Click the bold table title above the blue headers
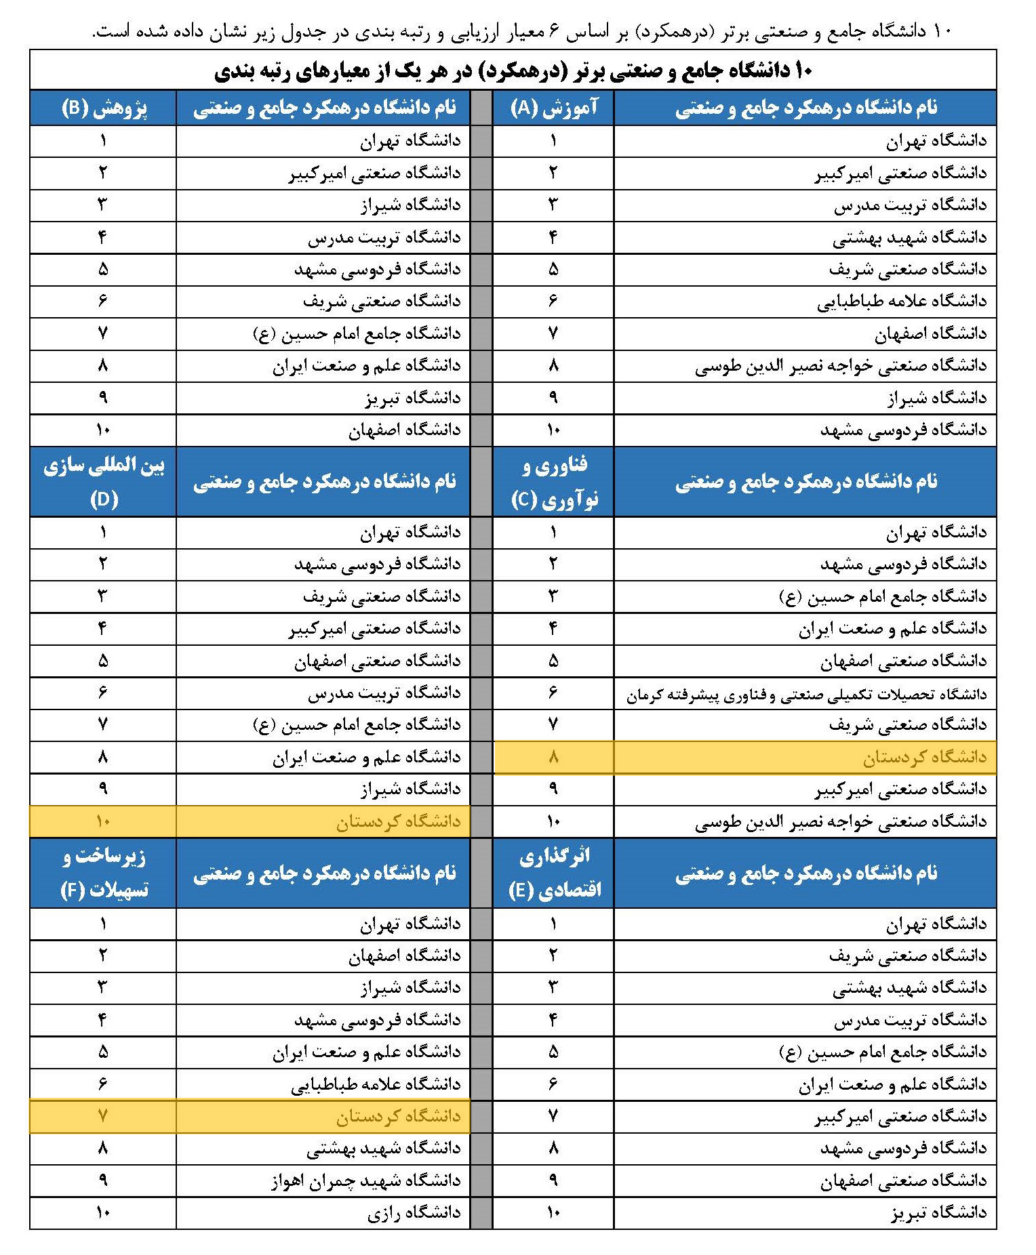513,70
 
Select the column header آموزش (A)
553,108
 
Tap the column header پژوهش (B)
103,108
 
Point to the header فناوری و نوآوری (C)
553,482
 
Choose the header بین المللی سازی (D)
103,482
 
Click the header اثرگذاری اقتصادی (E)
553,873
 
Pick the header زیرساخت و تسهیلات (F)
103,873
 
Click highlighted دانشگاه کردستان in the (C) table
924,758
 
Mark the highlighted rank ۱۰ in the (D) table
103,822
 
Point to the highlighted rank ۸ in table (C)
553,758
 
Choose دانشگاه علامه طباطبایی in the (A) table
902,302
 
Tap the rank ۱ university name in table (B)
410,141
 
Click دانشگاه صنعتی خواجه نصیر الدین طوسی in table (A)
841,366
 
